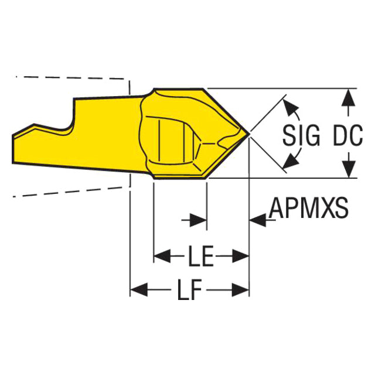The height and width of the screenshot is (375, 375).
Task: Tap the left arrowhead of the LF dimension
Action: [x=136, y=288]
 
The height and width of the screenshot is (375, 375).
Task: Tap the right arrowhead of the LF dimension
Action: [x=243, y=288]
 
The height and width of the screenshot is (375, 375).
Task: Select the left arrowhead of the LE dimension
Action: [x=160, y=256]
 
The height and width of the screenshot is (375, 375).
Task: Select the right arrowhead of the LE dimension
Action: [x=243, y=256]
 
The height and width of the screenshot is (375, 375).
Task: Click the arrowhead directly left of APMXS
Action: [x=257, y=220]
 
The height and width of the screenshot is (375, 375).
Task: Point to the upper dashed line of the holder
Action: [x=70, y=77]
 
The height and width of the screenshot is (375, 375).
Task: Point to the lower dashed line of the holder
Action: [x=70, y=189]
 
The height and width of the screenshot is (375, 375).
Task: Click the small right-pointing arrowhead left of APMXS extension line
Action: [x=200, y=220]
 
